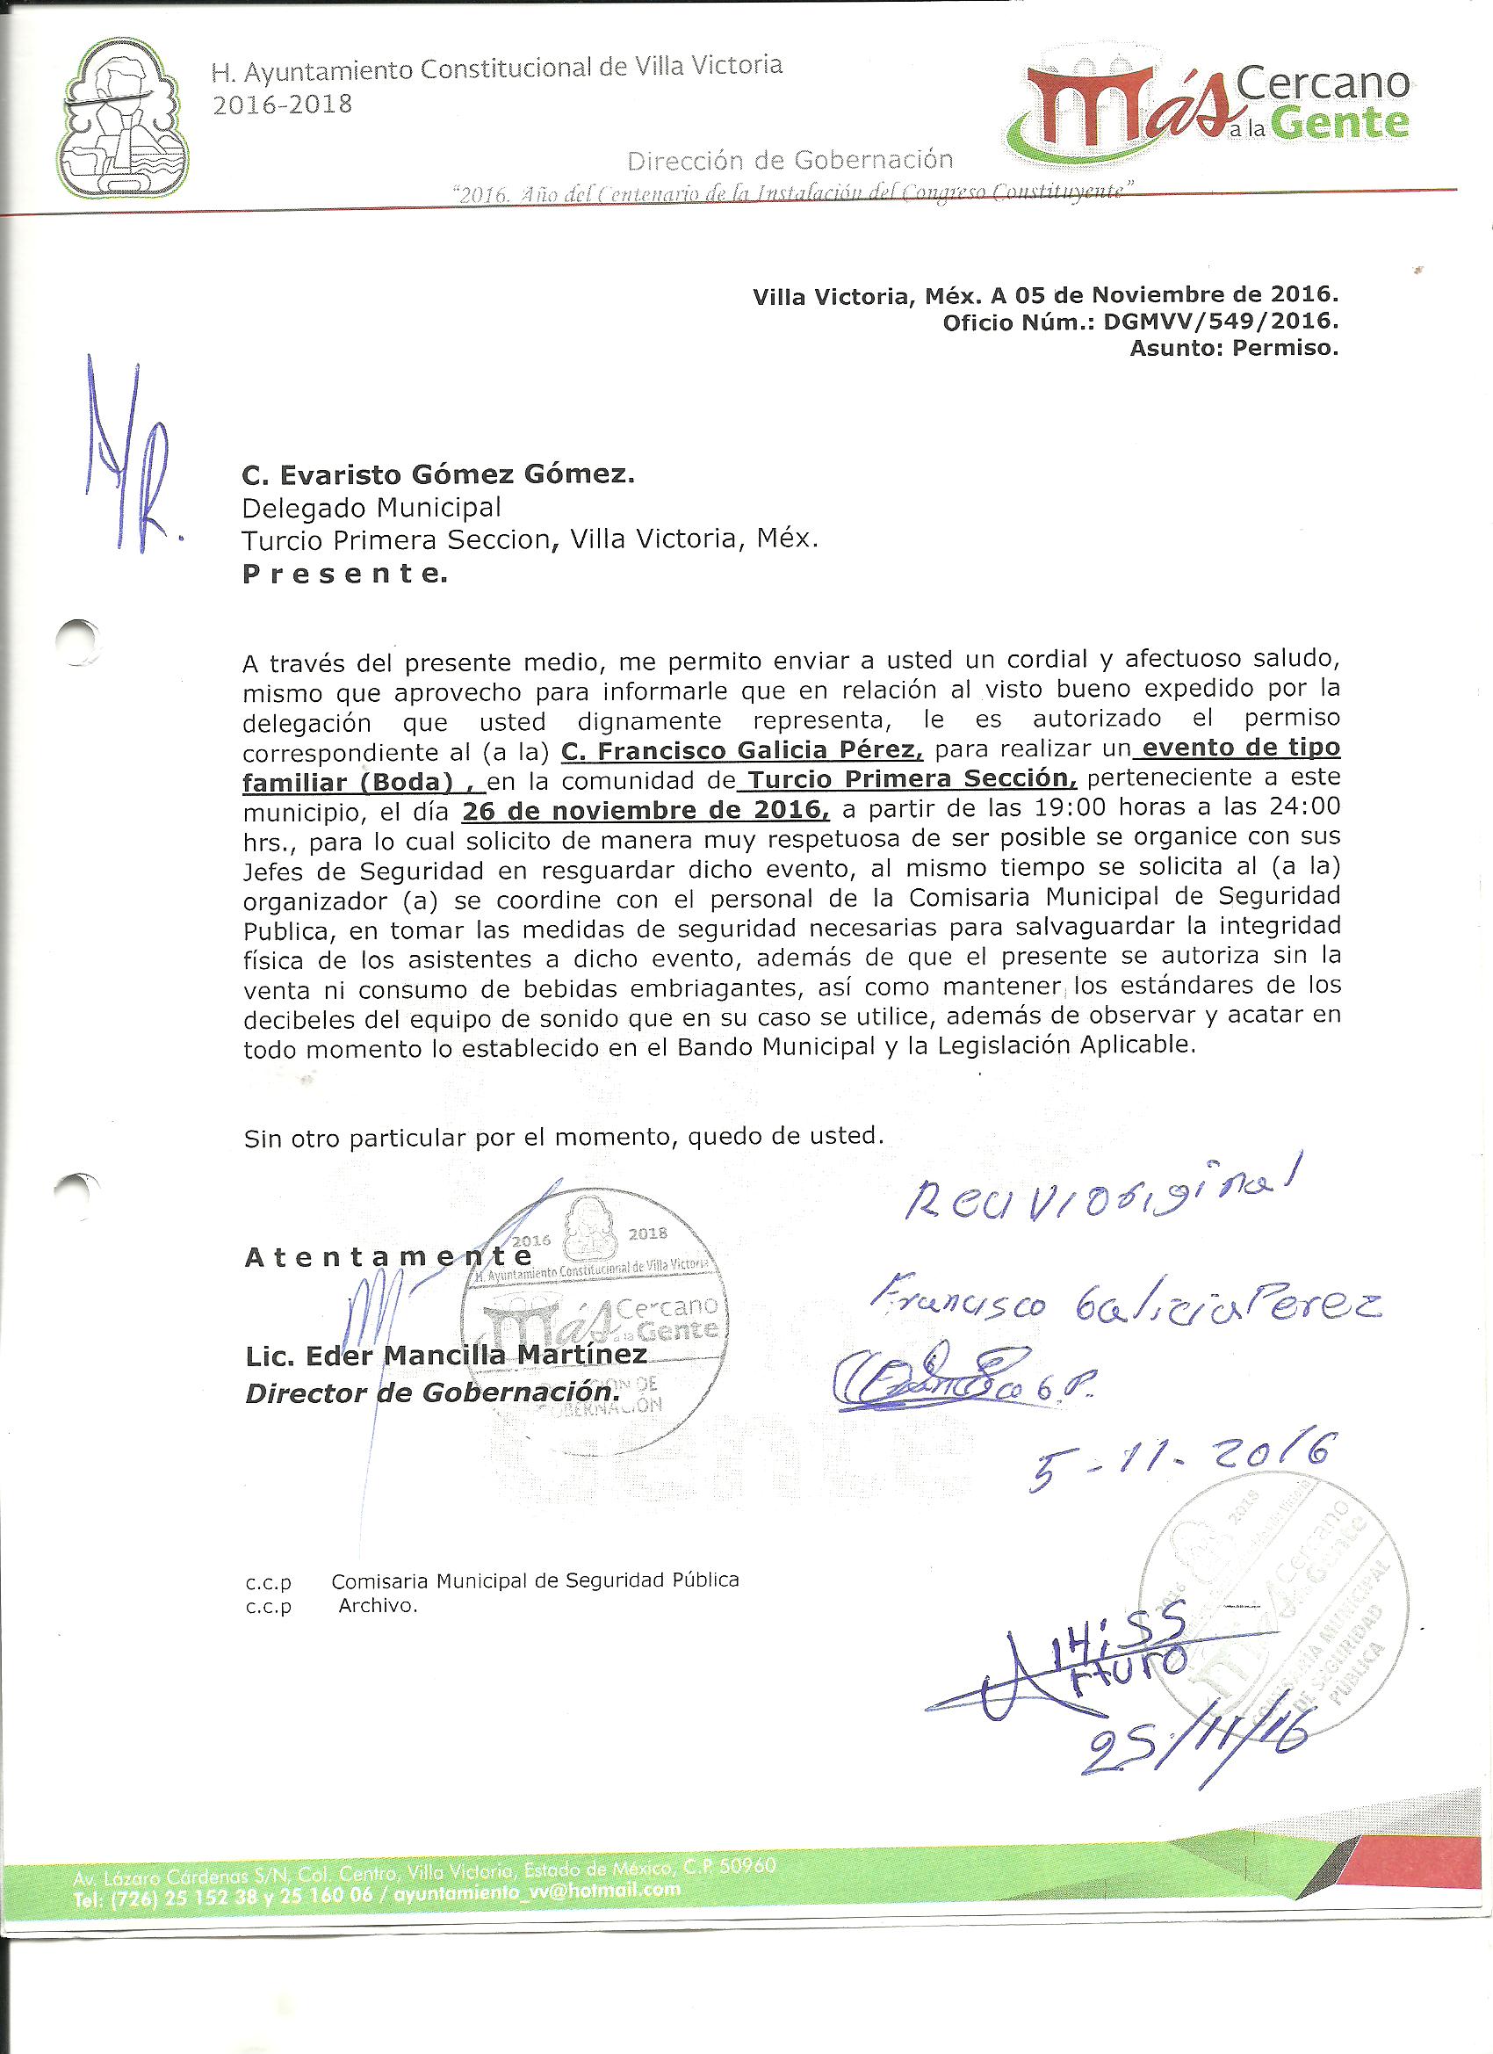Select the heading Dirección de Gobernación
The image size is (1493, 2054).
[x=790, y=160]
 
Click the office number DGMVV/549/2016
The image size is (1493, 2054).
[x=1221, y=322]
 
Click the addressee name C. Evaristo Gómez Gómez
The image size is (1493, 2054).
[x=438, y=474]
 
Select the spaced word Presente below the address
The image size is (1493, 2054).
[x=345, y=575]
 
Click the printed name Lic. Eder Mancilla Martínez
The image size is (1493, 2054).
[x=445, y=1356]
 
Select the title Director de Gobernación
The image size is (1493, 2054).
[x=433, y=1392]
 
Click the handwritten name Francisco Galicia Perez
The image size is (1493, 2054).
[x=1123, y=1308]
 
